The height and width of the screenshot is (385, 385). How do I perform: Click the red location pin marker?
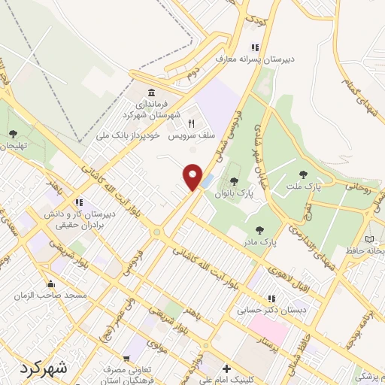click(x=193, y=177)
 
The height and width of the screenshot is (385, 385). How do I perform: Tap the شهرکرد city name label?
click(x=41, y=368)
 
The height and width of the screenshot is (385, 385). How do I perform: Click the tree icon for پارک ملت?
click(x=303, y=174)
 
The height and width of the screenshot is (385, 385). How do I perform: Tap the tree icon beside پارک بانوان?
click(x=234, y=181)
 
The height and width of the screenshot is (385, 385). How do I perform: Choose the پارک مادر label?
click(x=260, y=243)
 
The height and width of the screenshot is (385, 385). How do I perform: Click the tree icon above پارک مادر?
click(x=260, y=231)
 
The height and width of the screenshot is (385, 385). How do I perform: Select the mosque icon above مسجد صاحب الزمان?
click(x=50, y=284)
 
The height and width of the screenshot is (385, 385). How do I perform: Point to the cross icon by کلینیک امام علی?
click(x=226, y=369)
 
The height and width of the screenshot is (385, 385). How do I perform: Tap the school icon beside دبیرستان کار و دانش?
click(x=78, y=203)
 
